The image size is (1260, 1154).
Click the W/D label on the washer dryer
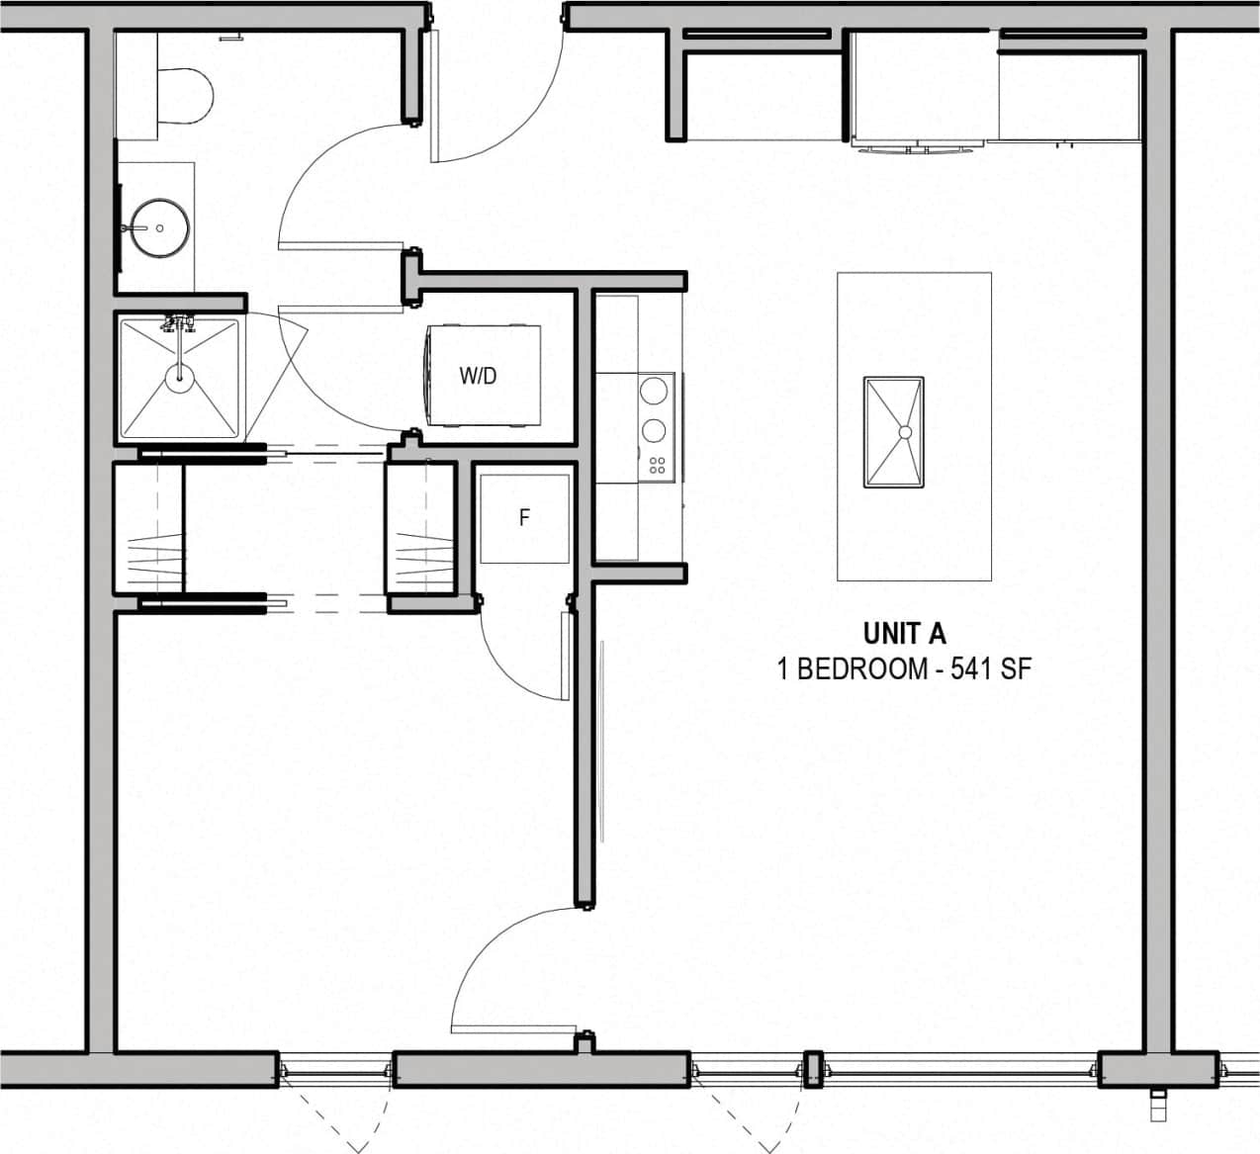pos(478,376)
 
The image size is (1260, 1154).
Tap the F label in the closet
pos(524,517)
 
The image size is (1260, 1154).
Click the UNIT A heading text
pos(904,633)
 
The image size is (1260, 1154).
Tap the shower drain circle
pos(179,375)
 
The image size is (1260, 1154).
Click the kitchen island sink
pos(893,432)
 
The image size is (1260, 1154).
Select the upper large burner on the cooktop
pos(653,392)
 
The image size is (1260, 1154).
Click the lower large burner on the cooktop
pos(653,430)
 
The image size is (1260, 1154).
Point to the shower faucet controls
pos(178,322)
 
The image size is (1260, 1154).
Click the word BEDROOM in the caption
pos(859,669)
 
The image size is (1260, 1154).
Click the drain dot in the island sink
pos(904,432)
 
